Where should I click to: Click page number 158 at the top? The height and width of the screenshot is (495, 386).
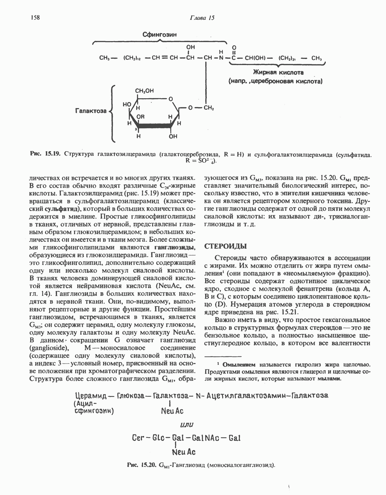coord(34,17)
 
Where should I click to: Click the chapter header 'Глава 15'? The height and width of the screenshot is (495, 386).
coord(202,18)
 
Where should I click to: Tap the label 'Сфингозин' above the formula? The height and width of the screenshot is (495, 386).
coord(159,35)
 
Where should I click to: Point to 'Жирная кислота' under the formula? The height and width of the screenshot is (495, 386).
coord(278,72)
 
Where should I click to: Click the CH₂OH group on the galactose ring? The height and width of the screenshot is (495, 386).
coord(145,91)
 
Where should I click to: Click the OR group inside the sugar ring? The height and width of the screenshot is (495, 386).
coord(141,117)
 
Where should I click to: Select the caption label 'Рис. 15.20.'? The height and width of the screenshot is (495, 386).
coord(142,465)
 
